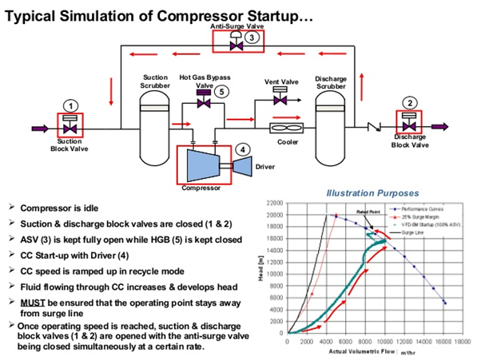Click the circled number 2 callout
click(x=409, y=103)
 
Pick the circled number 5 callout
click(x=223, y=91)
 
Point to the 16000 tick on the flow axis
click(x=443, y=341)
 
